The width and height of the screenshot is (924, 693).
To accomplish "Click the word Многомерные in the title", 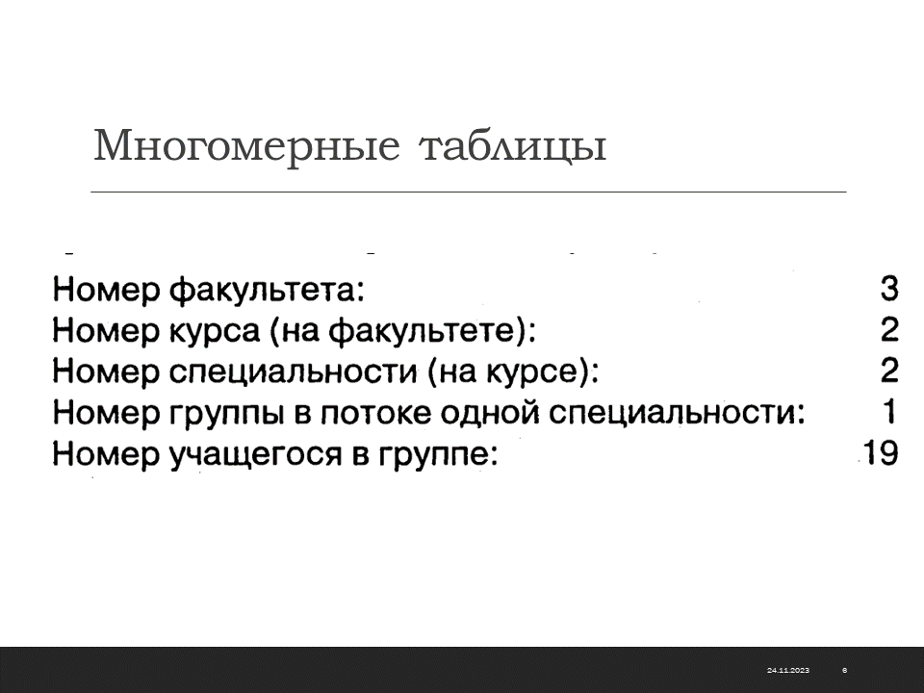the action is (x=247, y=146).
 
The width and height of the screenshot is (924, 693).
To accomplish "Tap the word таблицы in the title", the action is (x=513, y=147).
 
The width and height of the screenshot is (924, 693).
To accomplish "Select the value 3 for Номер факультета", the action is (x=889, y=289).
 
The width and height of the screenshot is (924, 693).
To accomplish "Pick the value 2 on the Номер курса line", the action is (x=889, y=329).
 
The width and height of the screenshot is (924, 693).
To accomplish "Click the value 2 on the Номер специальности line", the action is (x=889, y=371).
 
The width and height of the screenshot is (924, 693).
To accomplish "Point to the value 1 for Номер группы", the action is (x=889, y=411).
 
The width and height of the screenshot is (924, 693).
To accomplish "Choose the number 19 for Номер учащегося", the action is (x=881, y=452).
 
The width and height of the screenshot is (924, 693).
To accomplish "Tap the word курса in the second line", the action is (x=215, y=331).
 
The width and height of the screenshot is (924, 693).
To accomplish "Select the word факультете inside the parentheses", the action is (x=426, y=330).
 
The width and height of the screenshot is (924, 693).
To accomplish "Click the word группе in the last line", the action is (x=432, y=455).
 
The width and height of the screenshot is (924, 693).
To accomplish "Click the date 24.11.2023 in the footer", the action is (x=788, y=670).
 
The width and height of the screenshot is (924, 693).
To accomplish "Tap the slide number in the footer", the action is (x=845, y=670).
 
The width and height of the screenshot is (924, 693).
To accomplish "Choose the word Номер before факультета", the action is (x=106, y=290).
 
